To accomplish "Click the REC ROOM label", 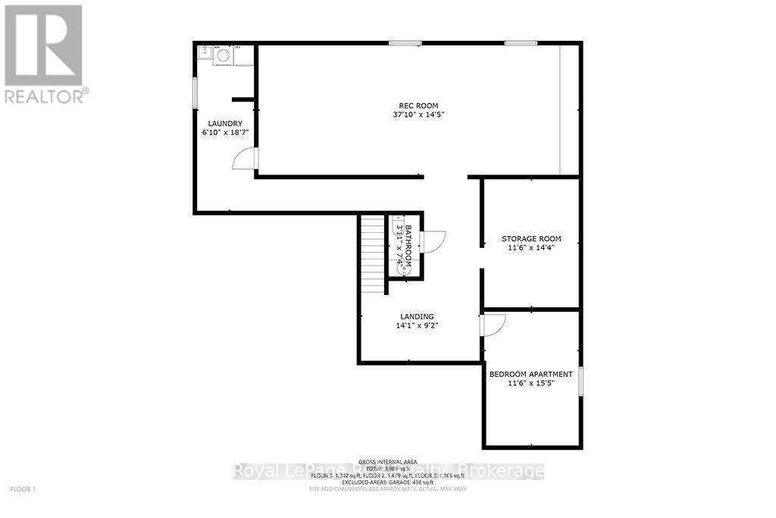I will tap(419, 105).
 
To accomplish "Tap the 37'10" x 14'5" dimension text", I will tap(419, 115).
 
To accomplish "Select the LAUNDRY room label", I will tap(225, 124).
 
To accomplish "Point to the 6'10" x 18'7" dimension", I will tap(225, 133).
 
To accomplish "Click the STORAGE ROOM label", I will tap(531, 239).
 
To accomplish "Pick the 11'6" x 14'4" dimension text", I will tap(531, 248).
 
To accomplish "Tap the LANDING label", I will tap(418, 316).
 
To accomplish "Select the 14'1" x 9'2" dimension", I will tap(418, 325).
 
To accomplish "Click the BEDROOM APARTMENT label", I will tap(531, 374).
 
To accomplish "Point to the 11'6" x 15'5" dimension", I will tap(531, 383).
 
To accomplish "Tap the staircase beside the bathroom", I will tap(373, 254).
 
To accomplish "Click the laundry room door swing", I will tap(246, 159).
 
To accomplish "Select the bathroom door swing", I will tap(434, 240).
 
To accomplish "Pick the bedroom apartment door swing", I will tap(493, 325).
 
